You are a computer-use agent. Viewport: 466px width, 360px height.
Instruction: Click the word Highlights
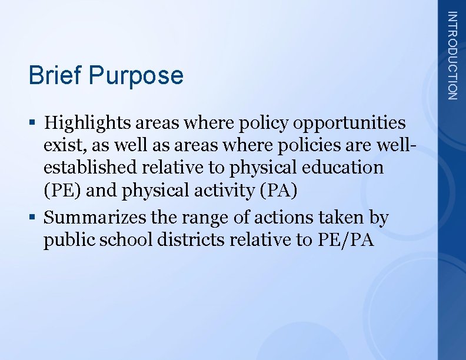88,123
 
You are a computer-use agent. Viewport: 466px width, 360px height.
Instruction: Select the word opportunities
349,123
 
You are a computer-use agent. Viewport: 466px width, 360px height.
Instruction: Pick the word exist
61,145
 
